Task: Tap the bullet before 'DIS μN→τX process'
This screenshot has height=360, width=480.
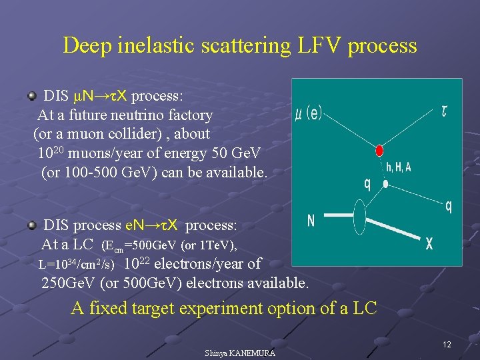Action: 31,96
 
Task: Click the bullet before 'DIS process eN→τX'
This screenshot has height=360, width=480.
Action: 31,226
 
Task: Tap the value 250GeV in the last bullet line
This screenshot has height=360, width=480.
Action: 69,283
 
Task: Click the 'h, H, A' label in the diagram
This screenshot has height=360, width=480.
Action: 399,167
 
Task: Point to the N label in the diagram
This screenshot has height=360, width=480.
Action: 311,221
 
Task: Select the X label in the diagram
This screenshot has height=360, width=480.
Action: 429,245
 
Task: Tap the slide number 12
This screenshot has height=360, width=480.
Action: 447,345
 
